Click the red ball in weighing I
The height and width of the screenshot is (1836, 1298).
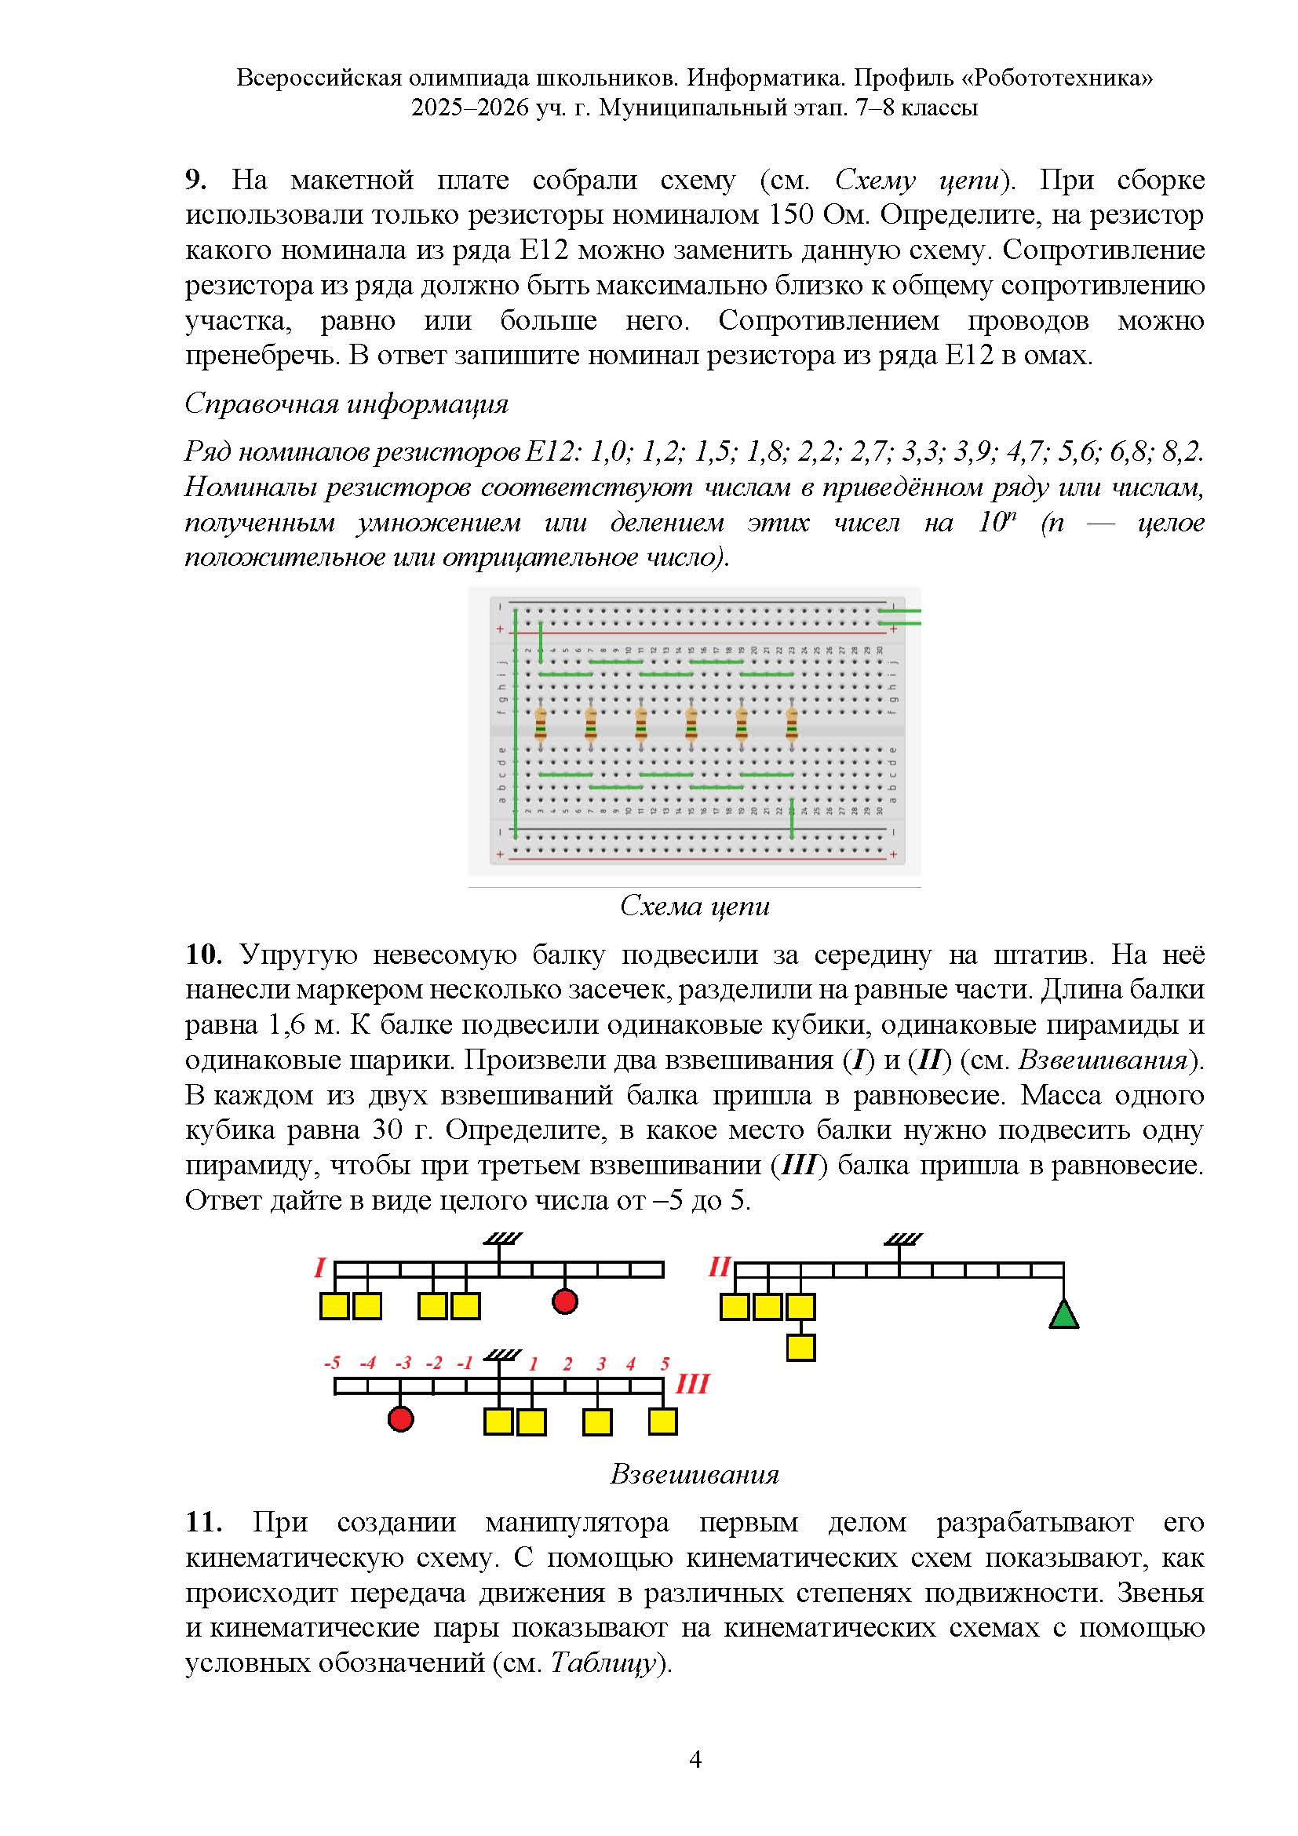tap(565, 1301)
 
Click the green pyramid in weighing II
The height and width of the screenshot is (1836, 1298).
tap(1063, 1314)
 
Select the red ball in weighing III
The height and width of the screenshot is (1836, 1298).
tap(400, 1418)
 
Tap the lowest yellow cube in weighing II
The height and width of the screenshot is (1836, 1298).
tap(801, 1348)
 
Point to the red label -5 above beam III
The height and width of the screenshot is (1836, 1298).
tap(333, 1363)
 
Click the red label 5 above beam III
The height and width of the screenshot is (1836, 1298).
tap(664, 1363)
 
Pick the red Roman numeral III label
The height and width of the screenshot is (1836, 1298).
tap(691, 1383)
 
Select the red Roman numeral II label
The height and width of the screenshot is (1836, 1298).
tap(720, 1266)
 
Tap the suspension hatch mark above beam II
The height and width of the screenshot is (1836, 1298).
tap(903, 1239)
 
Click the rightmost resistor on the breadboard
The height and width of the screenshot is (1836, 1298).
tap(791, 726)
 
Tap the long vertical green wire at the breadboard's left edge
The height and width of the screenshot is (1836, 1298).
tap(516, 724)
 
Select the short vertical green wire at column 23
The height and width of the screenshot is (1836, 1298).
tap(791, 818)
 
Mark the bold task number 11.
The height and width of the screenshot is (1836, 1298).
tap(203, 1522)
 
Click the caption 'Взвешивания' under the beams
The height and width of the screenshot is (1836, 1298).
tap(694, 1474)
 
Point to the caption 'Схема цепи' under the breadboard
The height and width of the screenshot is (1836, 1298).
tap(694, 906)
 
